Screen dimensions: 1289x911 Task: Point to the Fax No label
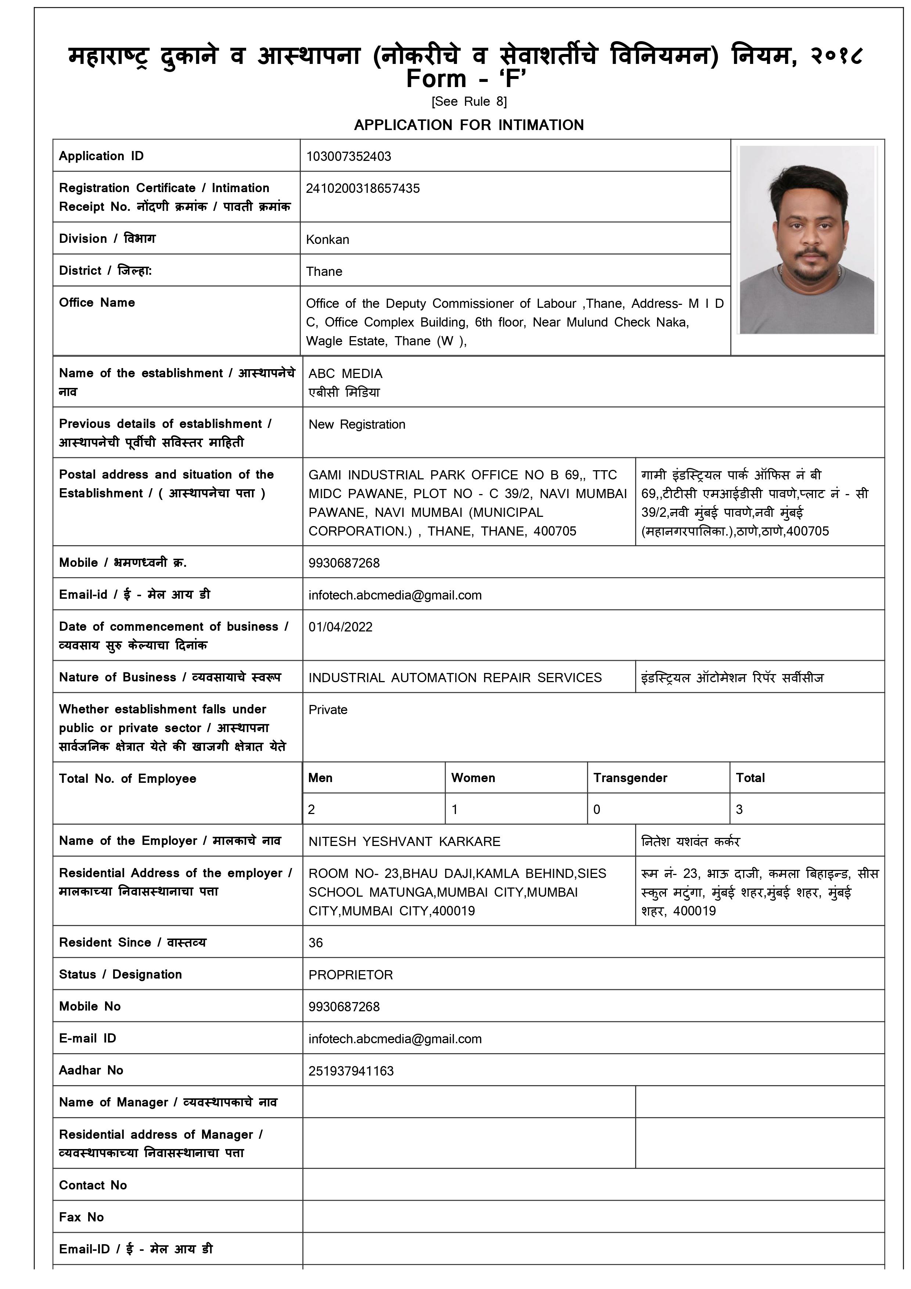(x=82, y=1217)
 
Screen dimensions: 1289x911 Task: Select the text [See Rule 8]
(x=469, y=102)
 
